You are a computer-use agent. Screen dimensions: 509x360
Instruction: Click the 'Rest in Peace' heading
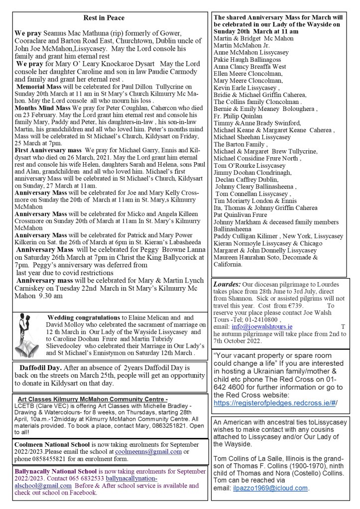104,18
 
